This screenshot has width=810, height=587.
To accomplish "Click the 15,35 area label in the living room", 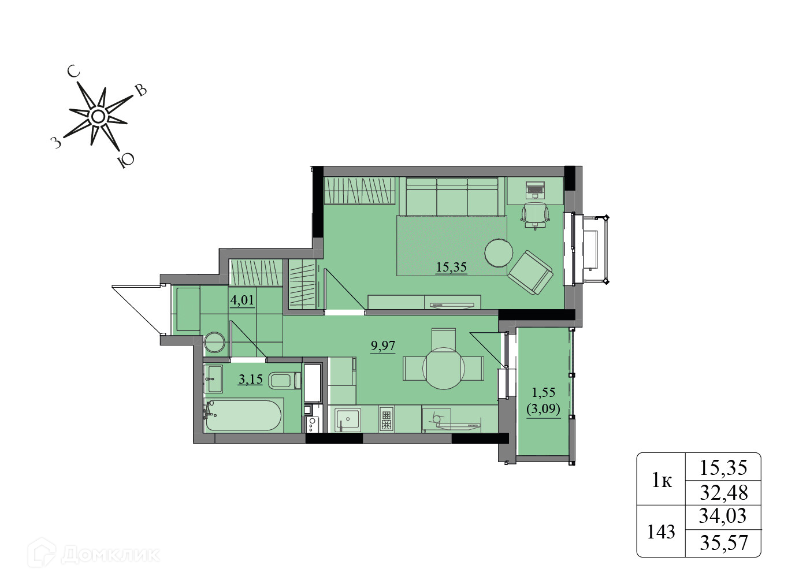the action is tap(451, 268).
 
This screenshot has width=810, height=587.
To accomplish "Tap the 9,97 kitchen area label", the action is tap(383, 345).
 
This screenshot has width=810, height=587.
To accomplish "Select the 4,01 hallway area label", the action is tap(242, 300).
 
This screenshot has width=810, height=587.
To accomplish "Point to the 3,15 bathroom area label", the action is tap(250, 379).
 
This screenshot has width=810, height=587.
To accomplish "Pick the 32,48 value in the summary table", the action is tap(723, 492).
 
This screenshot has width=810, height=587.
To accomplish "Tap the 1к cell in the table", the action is tap(662, 481).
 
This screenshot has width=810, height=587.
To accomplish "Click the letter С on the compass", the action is tap(74, 72).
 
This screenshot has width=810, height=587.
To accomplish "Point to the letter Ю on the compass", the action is tap(126, 159).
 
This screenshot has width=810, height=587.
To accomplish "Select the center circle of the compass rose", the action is tap(98, 117).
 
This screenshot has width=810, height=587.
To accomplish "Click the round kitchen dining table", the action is tap(443, 368).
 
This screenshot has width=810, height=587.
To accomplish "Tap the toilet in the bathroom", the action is tap(285, 381).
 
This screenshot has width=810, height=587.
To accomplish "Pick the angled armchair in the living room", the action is tap(530, 272).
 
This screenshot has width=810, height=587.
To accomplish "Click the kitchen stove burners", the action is tap(386, 419).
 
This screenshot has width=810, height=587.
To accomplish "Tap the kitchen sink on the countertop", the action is tap(347, 420).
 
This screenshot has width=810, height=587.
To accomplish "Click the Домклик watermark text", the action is tap(110, 555).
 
